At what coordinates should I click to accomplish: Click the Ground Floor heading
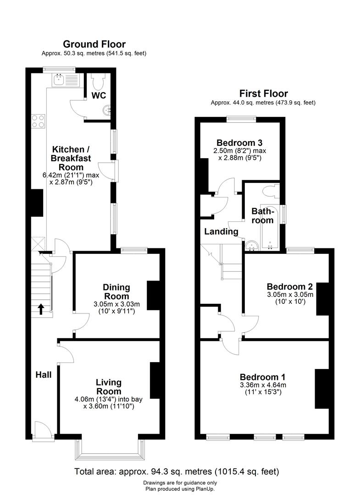(94, 44)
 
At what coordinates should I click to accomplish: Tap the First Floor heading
(263, 93)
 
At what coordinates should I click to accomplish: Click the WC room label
(99, 96)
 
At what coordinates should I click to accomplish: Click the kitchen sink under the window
(59, 81)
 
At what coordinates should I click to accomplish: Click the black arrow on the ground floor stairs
(41, 309)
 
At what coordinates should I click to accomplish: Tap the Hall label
(44, 375)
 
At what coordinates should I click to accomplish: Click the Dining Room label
(116, 292)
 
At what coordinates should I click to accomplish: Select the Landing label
(221, 231)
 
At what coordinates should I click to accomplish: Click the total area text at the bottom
(177, 471)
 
